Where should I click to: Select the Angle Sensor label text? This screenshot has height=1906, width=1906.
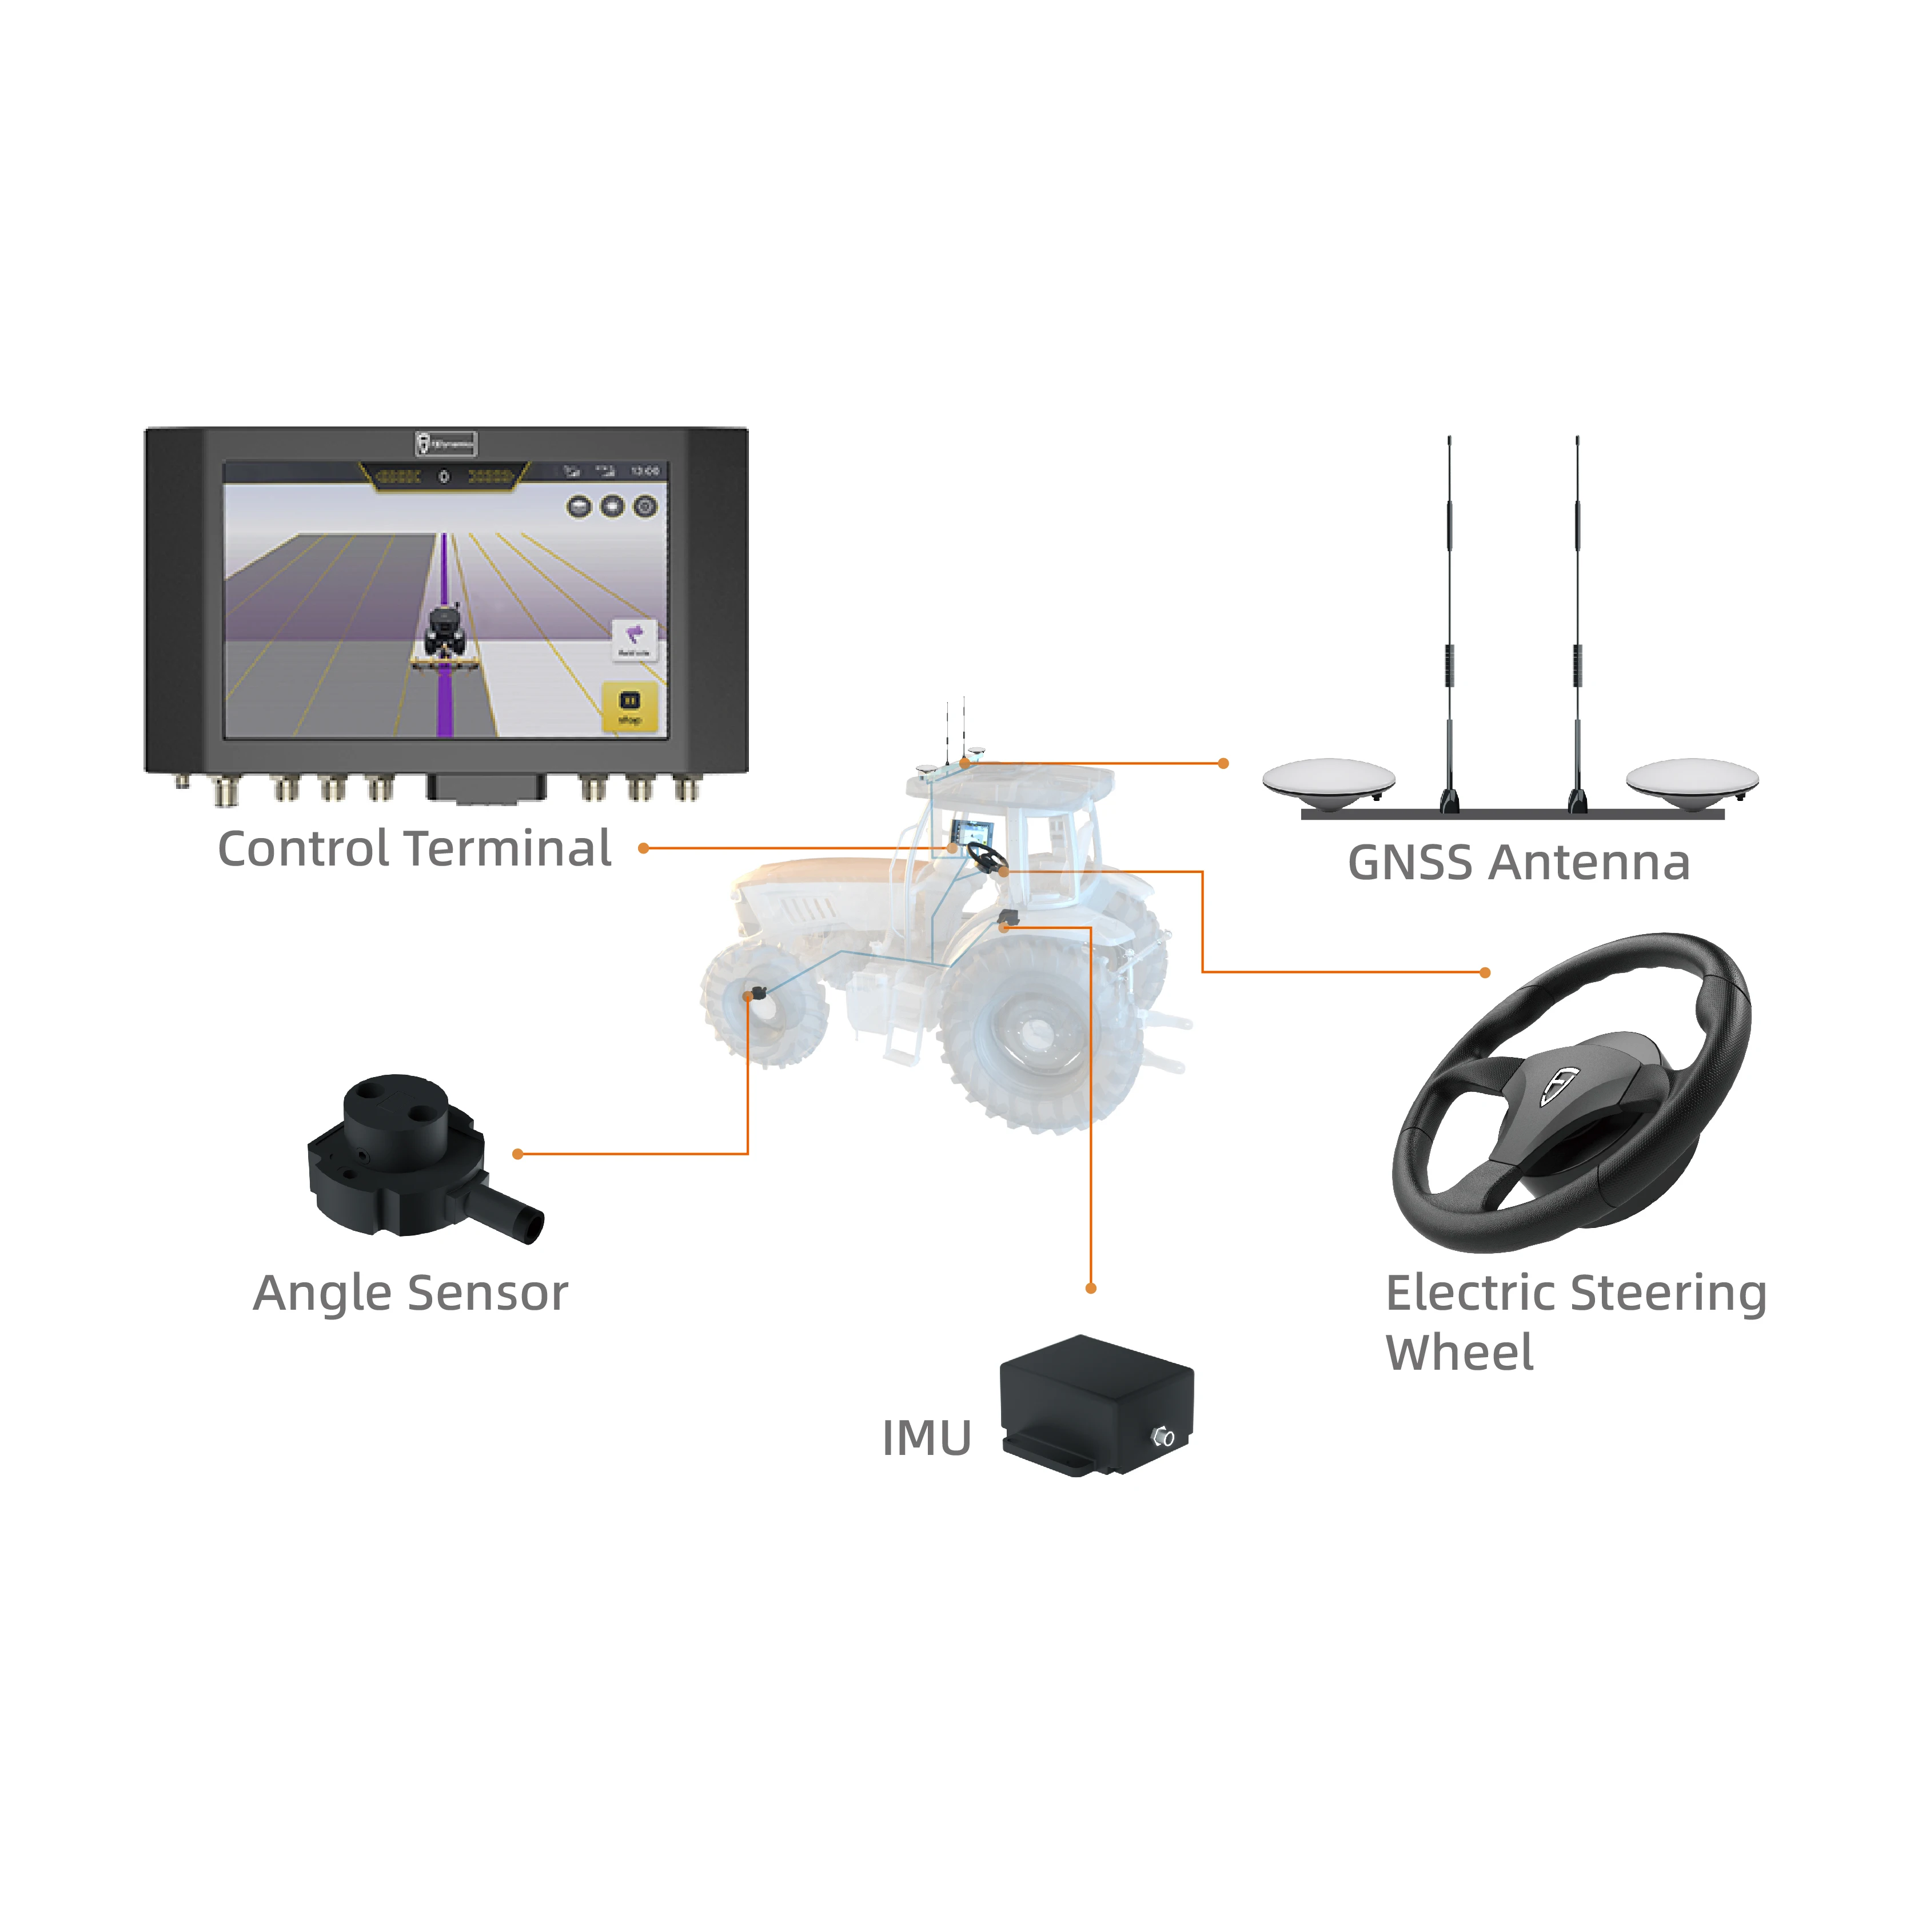click(x=410, y=1293)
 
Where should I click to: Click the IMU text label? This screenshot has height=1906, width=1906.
click(x=926, y=1438)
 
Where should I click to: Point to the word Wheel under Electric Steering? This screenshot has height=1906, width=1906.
click(x=1459, y=1353)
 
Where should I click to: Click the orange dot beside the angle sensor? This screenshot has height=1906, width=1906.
click(x=517, y=1153)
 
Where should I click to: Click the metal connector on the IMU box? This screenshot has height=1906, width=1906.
click(x=1163, y=1437)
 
